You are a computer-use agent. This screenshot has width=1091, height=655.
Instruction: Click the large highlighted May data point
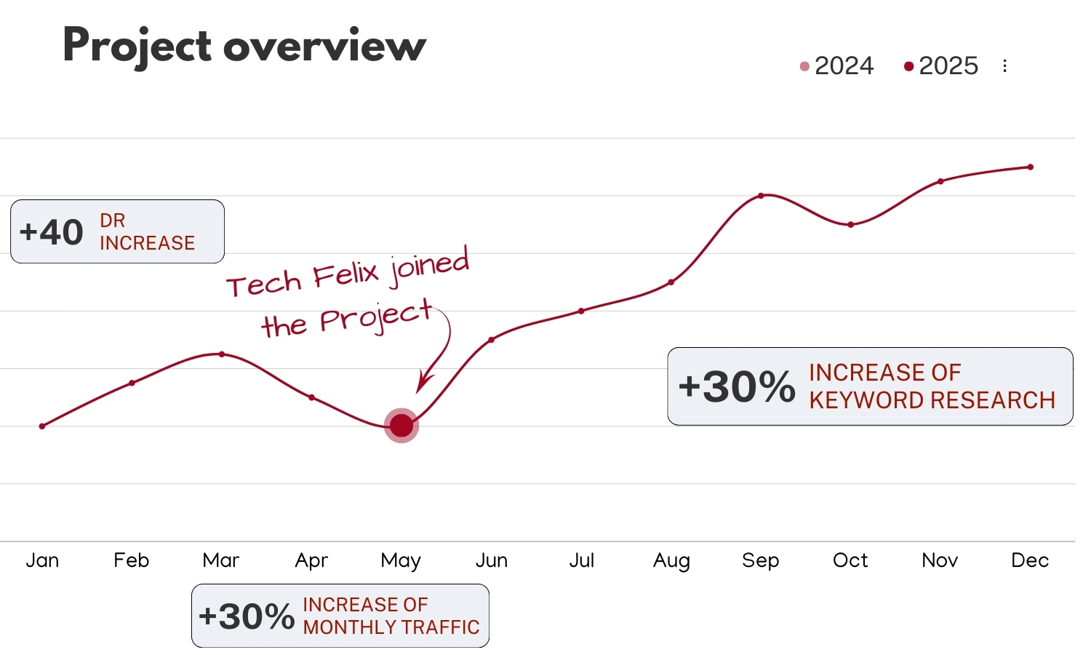click(401, 426)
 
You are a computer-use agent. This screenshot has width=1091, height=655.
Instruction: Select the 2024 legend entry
click(836, 66)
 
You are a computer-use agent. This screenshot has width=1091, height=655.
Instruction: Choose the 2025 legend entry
click(941, 66)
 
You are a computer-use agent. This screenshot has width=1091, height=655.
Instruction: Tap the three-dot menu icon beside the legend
click(1004, 66)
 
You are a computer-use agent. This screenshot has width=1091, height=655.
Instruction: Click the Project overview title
click(244, 46)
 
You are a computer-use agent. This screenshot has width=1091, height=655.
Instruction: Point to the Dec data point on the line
click(1030, 167)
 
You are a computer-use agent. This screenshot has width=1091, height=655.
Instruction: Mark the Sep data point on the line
click(761, 196)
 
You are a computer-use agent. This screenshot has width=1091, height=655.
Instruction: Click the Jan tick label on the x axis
click(42, 560)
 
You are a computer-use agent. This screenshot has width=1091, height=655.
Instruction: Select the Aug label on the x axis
click(671, 560)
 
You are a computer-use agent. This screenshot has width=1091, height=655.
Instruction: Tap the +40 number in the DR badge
click(52, 232)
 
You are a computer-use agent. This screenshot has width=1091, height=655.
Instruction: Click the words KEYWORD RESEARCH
click(932, 400)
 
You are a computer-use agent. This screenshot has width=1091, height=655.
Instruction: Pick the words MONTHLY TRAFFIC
click(391, 627)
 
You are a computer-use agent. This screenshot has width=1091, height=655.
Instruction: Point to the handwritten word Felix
click(346, 276)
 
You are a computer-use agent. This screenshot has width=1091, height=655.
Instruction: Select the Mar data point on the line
click(222, 354)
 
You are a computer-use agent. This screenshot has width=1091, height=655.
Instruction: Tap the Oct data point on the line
click(850, 224)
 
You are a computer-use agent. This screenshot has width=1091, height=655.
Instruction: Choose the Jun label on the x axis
click(492, 560)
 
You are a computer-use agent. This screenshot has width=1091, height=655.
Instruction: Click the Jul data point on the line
click(581, 311)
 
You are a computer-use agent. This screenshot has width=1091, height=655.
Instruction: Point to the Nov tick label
click(940, 560)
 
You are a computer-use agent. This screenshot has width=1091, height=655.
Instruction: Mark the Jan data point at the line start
click(42, 426)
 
